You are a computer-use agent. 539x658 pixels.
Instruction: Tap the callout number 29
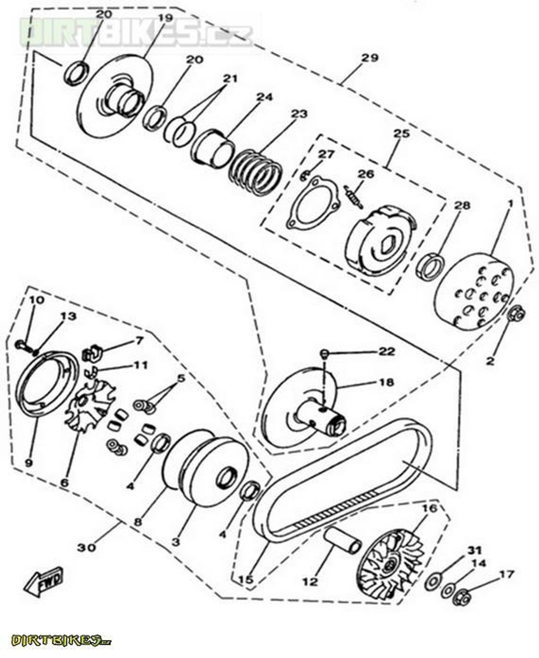click(369, 58)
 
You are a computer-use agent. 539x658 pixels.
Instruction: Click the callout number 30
click(86, 547)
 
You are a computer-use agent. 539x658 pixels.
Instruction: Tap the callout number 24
click(264, 97)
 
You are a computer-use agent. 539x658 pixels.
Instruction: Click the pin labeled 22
click(324, 353)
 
